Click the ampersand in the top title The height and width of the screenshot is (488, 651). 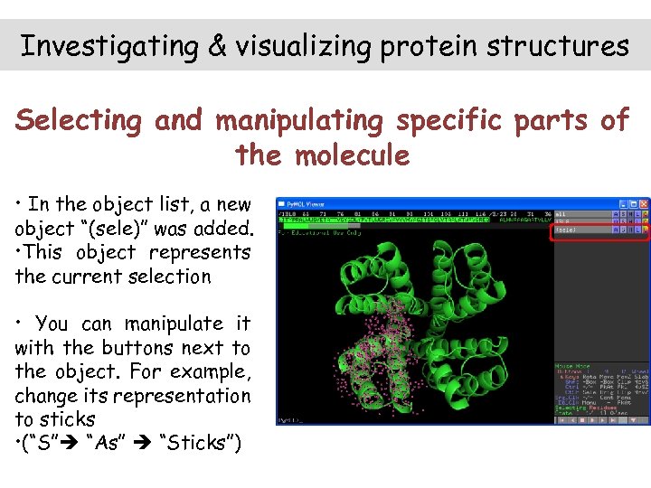(217, 46)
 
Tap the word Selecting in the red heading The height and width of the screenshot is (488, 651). (80, 120)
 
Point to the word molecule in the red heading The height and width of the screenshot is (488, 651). (352, 155)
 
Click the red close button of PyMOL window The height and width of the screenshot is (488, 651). (643, 204)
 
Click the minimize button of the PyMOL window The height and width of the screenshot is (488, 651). (624, 204)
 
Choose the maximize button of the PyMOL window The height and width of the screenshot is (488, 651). (633, 204)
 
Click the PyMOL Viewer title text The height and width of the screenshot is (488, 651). (307, 204)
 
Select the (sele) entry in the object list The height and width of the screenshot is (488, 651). (565, 230)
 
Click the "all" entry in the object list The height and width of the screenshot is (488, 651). (561, 213)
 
